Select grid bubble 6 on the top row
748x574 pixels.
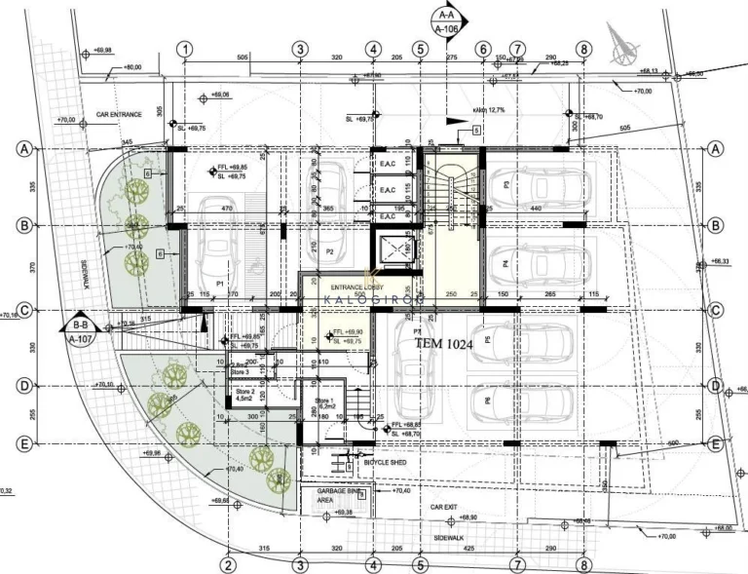[481, 50]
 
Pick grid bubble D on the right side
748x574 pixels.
[716, 386]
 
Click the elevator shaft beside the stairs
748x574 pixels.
[399, 250]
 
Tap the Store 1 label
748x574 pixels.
[324, 404]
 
